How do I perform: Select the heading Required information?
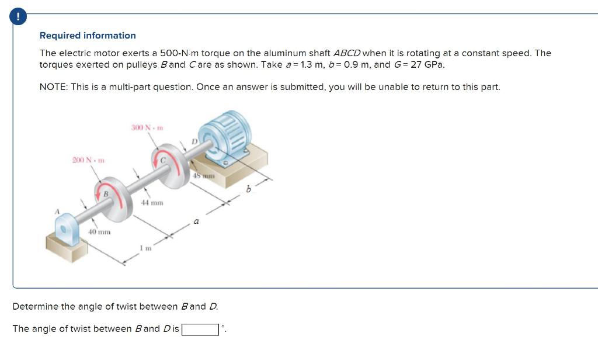pyautogui.click(x=88, y=36)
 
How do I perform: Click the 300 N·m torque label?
pyautogui.click(x=146, y=127)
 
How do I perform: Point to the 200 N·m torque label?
pyautogui.click(x=88, y=160)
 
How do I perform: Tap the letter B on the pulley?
pyautogui.click(x=106, y=193)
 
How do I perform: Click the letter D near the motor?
pyautogui.click(x=195, y=141)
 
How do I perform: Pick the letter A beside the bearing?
pyautogui.click(x=57, y=212)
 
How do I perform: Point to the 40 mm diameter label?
pyautogui.click(x=99, y=232)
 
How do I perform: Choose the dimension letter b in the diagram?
pyautogui.click(x=248, y=189)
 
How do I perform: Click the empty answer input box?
pyautogui.click(x=200, y=329)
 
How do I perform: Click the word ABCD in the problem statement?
pyautogui.click(x=347, y=53)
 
